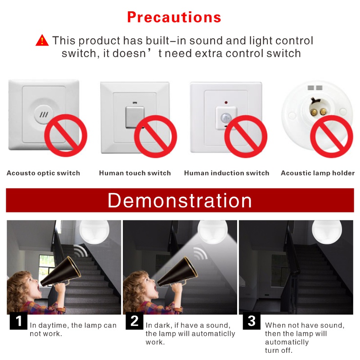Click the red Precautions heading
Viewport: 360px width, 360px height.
(x=174, y=18)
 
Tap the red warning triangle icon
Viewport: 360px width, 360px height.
(x=42, y=40)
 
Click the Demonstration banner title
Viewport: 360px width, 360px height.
(x=180, y=200)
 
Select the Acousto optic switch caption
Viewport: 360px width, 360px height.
(x=43, y=173)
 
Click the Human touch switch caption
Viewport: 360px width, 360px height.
(x=135, y=173)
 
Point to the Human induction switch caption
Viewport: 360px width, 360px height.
(x=227, y=173)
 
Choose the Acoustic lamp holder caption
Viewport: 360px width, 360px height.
(x=318, y=173)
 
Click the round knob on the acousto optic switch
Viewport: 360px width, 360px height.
(x=44, y=115)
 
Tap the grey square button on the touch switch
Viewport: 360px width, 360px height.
(x=135, y=117)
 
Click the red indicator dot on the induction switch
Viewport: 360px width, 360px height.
(x=226, y=103)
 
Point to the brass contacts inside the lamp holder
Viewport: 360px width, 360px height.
(x=318, y=112)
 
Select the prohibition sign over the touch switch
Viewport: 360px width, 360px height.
(x=155, y=136)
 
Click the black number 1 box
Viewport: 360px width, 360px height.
(x=18, y=321)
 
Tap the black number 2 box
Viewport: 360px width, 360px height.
(x=135, y=321)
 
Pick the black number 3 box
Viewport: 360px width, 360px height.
(x=252, y=321)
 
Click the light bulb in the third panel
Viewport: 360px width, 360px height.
(x=327, y=231)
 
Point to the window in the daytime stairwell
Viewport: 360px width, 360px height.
(x=47, y=267)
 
